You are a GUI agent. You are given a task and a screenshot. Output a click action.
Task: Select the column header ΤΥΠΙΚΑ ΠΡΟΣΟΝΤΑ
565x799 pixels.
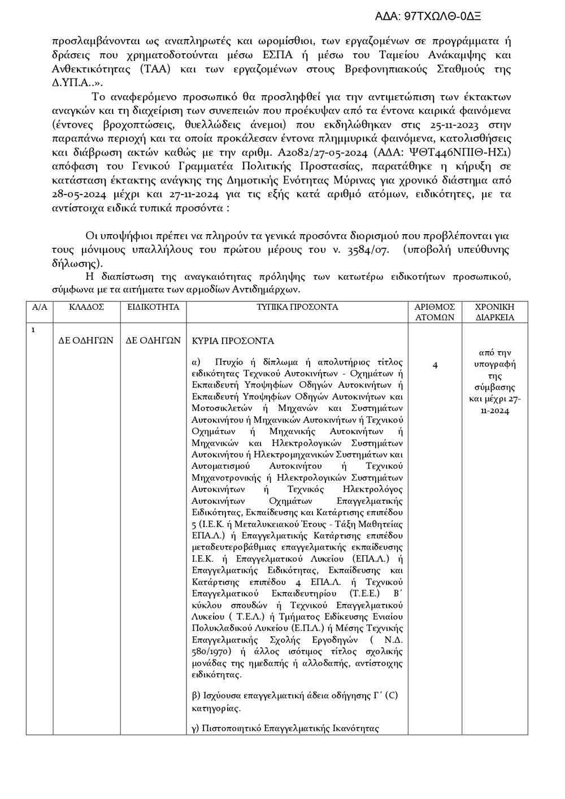[x=297, y=307]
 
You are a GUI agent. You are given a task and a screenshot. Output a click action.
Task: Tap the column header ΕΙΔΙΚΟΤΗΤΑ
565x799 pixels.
[x=153, y=307]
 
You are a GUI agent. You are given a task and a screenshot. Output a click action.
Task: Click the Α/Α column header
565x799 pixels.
[x=40, y=307]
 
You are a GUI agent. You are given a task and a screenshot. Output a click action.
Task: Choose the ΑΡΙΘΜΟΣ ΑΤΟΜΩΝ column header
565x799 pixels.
[x=434, y=312]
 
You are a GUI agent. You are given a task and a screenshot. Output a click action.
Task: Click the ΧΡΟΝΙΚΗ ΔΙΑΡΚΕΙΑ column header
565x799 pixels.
[x=494, y=312]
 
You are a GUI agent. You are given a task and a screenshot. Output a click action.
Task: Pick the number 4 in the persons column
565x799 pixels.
[x=435, y=365]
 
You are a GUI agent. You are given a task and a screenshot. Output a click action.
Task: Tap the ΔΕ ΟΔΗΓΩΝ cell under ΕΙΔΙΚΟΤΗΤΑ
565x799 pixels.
[x=153, y=340]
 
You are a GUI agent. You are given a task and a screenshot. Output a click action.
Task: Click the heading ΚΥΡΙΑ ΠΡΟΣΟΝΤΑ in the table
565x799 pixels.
[x=233, y=341]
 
